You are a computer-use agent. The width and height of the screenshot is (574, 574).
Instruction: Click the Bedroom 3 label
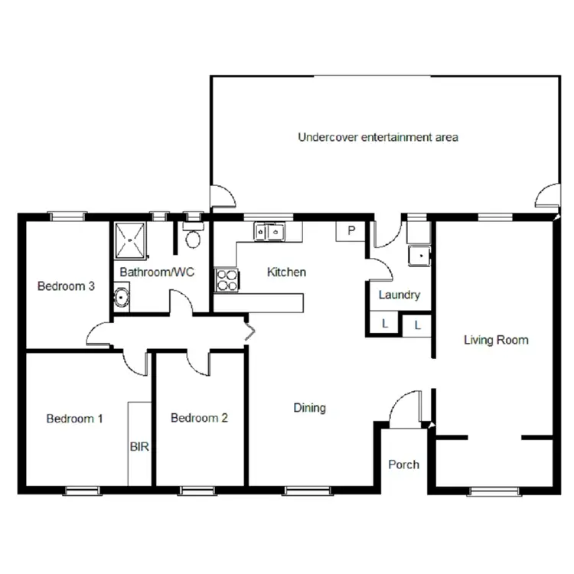66,287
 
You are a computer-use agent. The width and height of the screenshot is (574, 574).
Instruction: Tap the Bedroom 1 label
74,419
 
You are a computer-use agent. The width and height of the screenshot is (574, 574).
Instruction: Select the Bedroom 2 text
199,419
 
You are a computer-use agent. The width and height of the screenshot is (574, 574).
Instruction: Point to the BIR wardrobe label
139,445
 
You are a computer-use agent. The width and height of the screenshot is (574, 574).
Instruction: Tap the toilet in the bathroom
193,236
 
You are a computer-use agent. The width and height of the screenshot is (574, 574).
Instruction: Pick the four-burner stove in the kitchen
226,281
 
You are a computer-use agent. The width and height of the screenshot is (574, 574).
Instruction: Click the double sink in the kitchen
269,230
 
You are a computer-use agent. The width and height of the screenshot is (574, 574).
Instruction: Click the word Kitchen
286,272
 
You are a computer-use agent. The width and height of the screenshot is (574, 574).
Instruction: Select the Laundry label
399,295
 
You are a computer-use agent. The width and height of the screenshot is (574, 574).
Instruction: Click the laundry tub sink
419,255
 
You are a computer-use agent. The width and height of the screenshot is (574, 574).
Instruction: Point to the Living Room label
496,340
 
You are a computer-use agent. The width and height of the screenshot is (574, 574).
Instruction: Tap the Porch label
403,465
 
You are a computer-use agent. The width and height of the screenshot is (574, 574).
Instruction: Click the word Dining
309,408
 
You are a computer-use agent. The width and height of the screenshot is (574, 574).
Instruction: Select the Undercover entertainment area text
377,138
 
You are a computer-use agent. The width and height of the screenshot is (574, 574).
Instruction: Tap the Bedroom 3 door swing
99,332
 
